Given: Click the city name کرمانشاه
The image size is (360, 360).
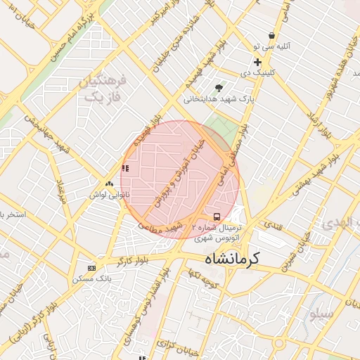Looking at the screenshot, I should point(232,259).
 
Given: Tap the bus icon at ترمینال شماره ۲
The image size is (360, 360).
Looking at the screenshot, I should point(216,217).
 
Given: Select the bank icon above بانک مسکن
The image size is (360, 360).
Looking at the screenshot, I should point(91,268).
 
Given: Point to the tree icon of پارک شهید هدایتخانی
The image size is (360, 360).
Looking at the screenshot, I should point(219,88).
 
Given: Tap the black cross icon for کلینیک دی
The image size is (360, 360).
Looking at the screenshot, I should point(257,62).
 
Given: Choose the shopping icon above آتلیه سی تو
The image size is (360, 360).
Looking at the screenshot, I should point(271,36).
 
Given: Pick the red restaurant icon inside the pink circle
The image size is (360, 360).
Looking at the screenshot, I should point(125,168).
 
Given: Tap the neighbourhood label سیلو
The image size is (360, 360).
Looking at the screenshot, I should point(321,314).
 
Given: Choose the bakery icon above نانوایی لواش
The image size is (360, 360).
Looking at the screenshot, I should point(108,183).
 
